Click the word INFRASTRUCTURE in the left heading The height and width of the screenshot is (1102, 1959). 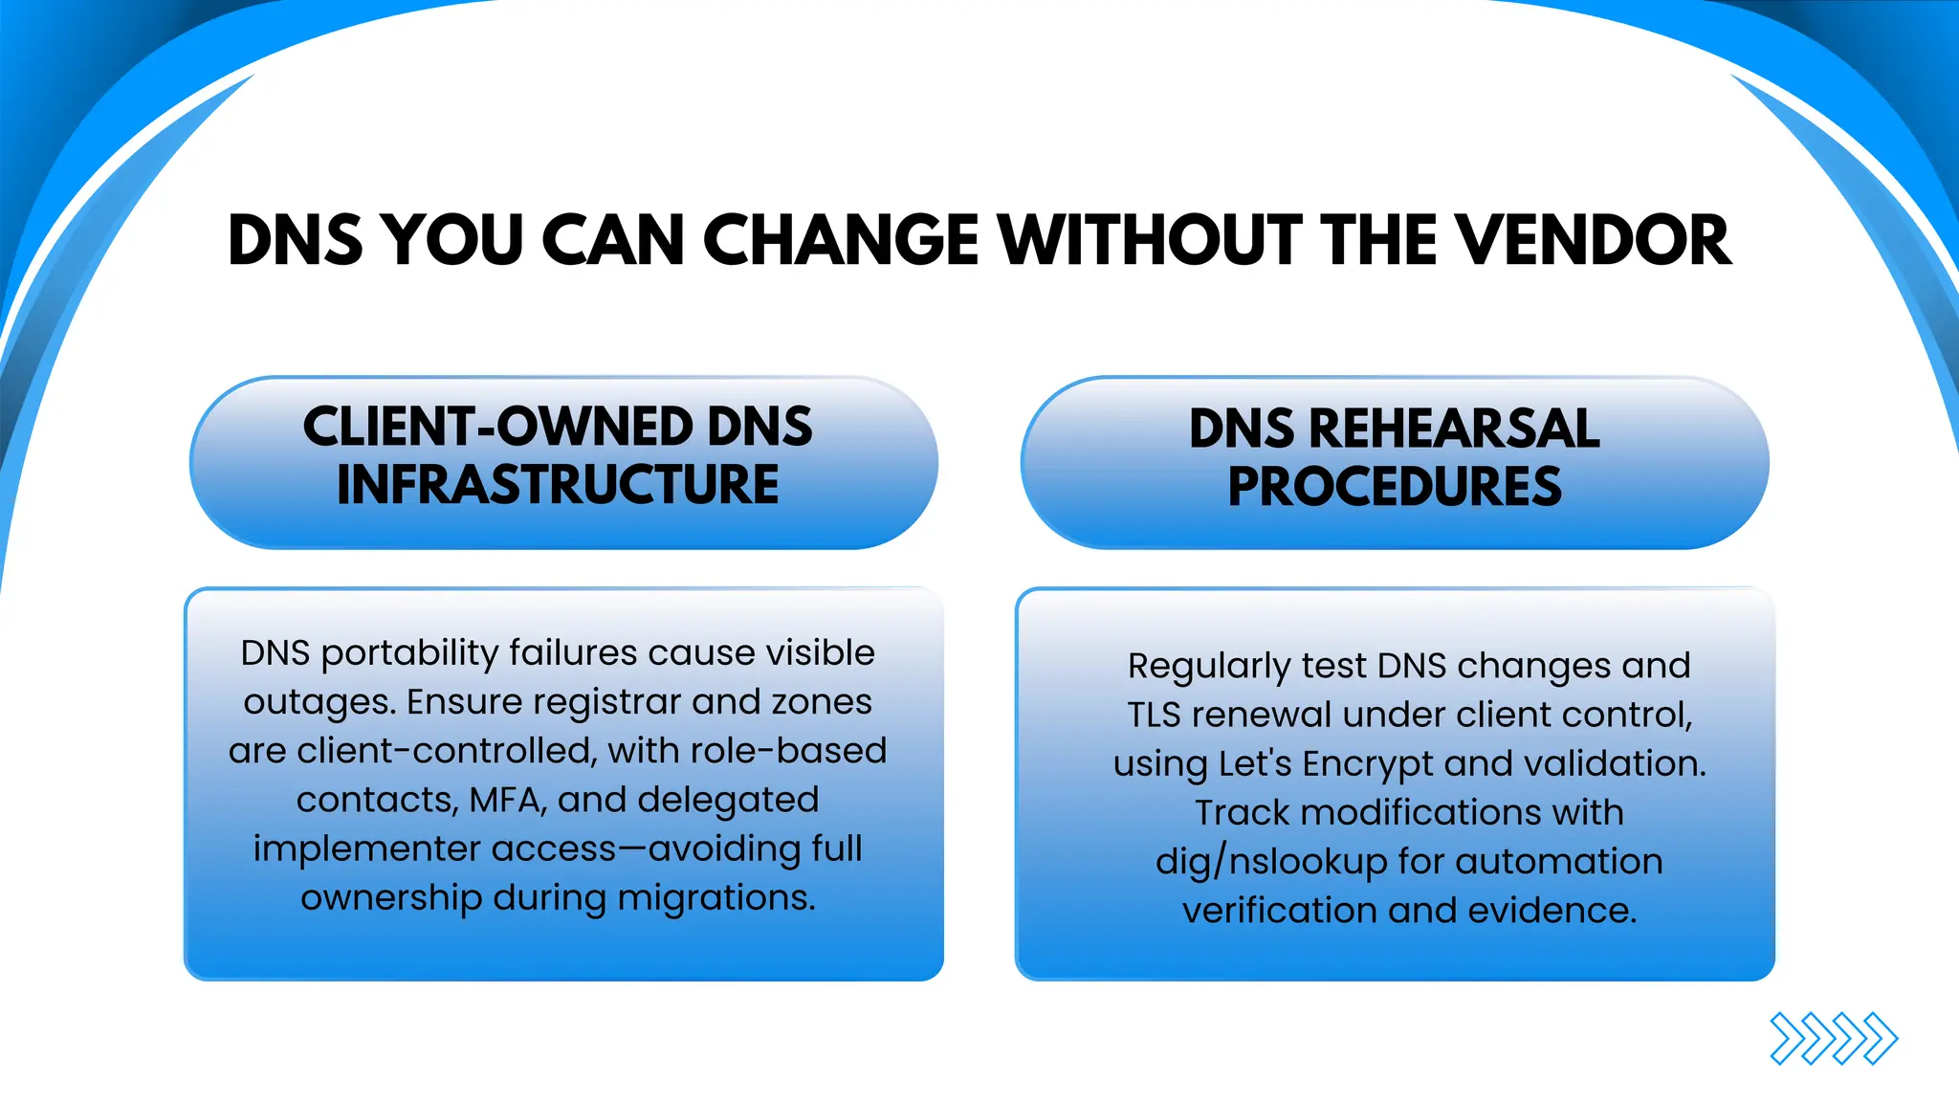[558, 484]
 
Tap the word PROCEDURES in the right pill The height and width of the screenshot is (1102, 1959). [1395, 486]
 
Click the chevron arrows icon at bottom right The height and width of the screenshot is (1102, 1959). [1833, 1038]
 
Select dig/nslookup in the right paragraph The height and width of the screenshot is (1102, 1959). [1270, 862]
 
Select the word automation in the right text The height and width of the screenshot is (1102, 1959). [1558, 862]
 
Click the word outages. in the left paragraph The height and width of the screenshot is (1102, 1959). [319, 702]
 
